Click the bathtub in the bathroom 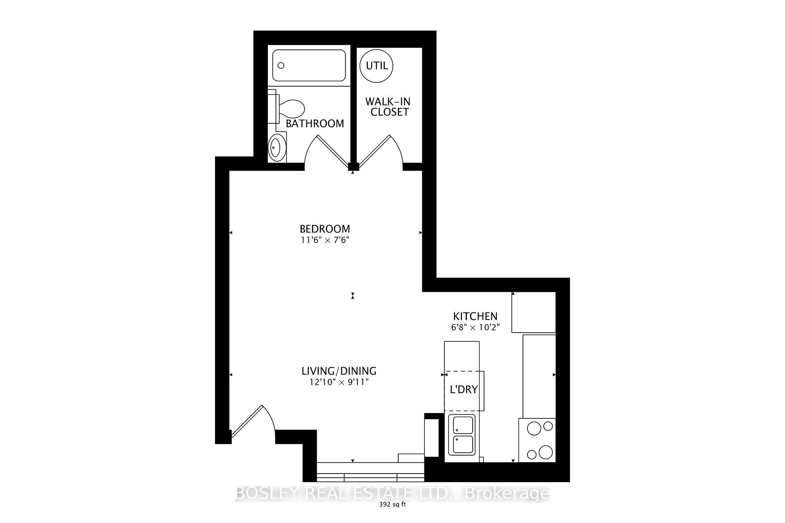tap(309, 65)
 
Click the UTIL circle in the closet tap(376, 65)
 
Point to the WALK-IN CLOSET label tap(388, 107)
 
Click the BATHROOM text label tap(315, 123)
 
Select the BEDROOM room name tap(325, 229)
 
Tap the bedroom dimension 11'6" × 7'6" tap(325, 240)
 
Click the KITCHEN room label tap(475, 316)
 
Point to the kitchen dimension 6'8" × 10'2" tap(475, 327)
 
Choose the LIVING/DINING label tap(339, 371)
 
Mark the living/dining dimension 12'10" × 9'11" tap(339, 382)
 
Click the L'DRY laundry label tap(464, 389)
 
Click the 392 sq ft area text tap(392, 504)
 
